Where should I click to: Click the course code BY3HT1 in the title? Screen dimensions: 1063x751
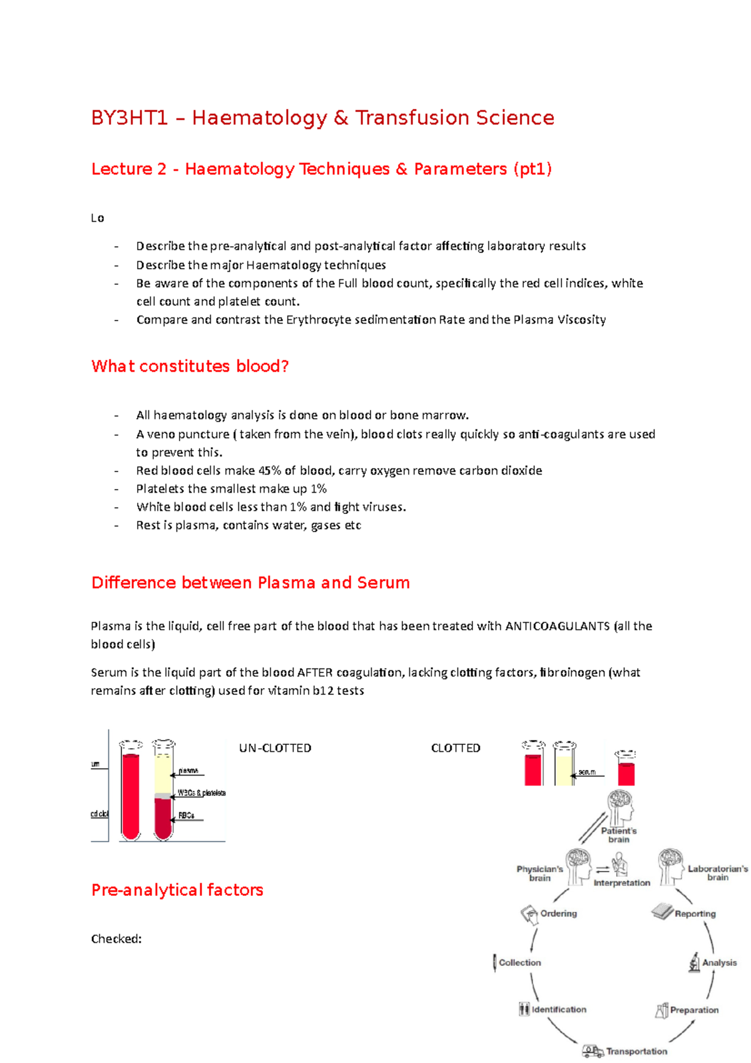[130, 118]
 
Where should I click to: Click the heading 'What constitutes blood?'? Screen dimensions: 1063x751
[190, 366]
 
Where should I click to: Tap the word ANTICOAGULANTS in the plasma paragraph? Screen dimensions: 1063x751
[557, 626]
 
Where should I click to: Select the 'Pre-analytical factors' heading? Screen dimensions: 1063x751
[177, 890]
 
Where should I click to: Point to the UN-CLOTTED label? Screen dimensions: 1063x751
[275, 748]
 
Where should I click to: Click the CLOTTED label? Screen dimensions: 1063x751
[456, 748]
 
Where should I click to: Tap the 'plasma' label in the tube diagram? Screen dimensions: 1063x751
[188, 771]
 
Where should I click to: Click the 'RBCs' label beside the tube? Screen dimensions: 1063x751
[186, 815]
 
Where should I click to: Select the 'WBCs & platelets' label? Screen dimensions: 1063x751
[202, 793]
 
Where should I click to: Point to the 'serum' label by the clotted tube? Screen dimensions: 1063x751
[587, 772]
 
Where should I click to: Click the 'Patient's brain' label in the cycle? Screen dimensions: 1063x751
[618, 835]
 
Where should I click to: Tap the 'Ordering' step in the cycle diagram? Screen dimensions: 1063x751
[558, 913]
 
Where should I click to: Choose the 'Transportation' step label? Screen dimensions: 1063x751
[636, 1051]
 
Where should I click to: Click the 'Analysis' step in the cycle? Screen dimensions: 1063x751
[719, 963]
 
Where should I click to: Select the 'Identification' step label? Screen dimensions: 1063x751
[559, 1009]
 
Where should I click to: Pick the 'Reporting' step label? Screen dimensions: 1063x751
[695, 913]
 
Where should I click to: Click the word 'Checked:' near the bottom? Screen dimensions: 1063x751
[116, 939]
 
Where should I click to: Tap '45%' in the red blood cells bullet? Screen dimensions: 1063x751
[270, 471]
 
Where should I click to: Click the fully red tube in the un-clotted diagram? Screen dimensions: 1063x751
[131, 795]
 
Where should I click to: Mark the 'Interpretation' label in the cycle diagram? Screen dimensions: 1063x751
[621, 883]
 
